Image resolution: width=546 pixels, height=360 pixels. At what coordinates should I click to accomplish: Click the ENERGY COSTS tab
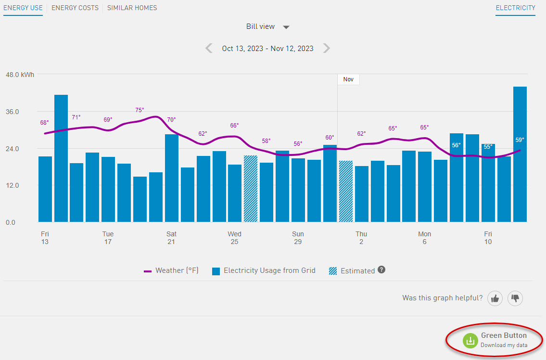coord(75,8)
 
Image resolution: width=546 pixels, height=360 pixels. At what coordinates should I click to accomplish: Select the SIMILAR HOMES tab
coord(132,8)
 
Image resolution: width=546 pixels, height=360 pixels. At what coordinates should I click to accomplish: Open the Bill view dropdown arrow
coord(286,27)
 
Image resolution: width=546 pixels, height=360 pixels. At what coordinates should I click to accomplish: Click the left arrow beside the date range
coord(209,48)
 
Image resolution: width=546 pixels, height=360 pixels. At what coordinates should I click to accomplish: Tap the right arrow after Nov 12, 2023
coord(327,48)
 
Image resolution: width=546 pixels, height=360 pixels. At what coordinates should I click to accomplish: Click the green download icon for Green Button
coord(470,340)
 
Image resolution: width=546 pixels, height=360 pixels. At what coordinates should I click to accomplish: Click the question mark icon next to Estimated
coord(381,270)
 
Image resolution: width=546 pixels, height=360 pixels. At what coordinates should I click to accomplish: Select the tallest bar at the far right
coord(520,154)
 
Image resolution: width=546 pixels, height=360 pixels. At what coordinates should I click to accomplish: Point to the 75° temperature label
coord(140,110)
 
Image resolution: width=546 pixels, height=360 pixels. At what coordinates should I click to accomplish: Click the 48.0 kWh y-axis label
coord(19,75)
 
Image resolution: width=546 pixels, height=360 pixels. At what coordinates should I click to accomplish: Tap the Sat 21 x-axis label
coord(171,238)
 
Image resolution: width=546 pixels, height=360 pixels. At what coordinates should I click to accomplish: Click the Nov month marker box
coord(348,79)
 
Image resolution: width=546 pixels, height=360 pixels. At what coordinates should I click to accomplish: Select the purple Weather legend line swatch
coord(148,271)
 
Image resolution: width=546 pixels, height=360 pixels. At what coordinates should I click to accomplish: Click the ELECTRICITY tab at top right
coord(515,8)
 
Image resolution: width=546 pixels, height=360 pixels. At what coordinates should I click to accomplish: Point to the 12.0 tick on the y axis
coord(13,186)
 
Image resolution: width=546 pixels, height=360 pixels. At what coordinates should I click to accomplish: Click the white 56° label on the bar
coord(456,145)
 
